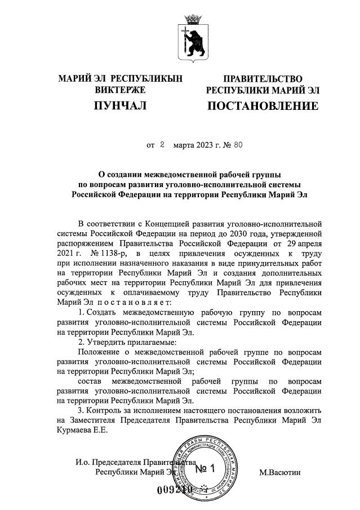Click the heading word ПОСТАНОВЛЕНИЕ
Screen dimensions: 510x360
tap(263, 106)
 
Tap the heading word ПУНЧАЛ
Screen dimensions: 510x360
tap(119, 106)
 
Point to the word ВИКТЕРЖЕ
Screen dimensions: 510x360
tap(119, 90)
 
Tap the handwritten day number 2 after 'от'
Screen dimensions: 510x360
tap(161, 144)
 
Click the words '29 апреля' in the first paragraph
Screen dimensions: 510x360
tap(303, 243)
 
